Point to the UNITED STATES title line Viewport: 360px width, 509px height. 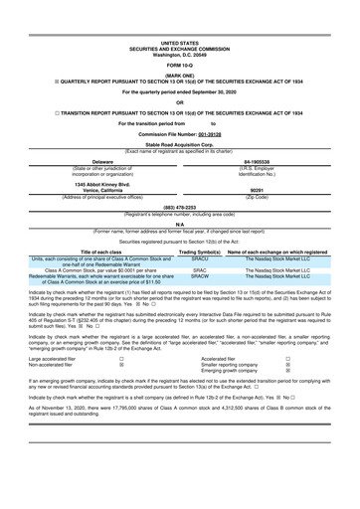coord(180,45)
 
